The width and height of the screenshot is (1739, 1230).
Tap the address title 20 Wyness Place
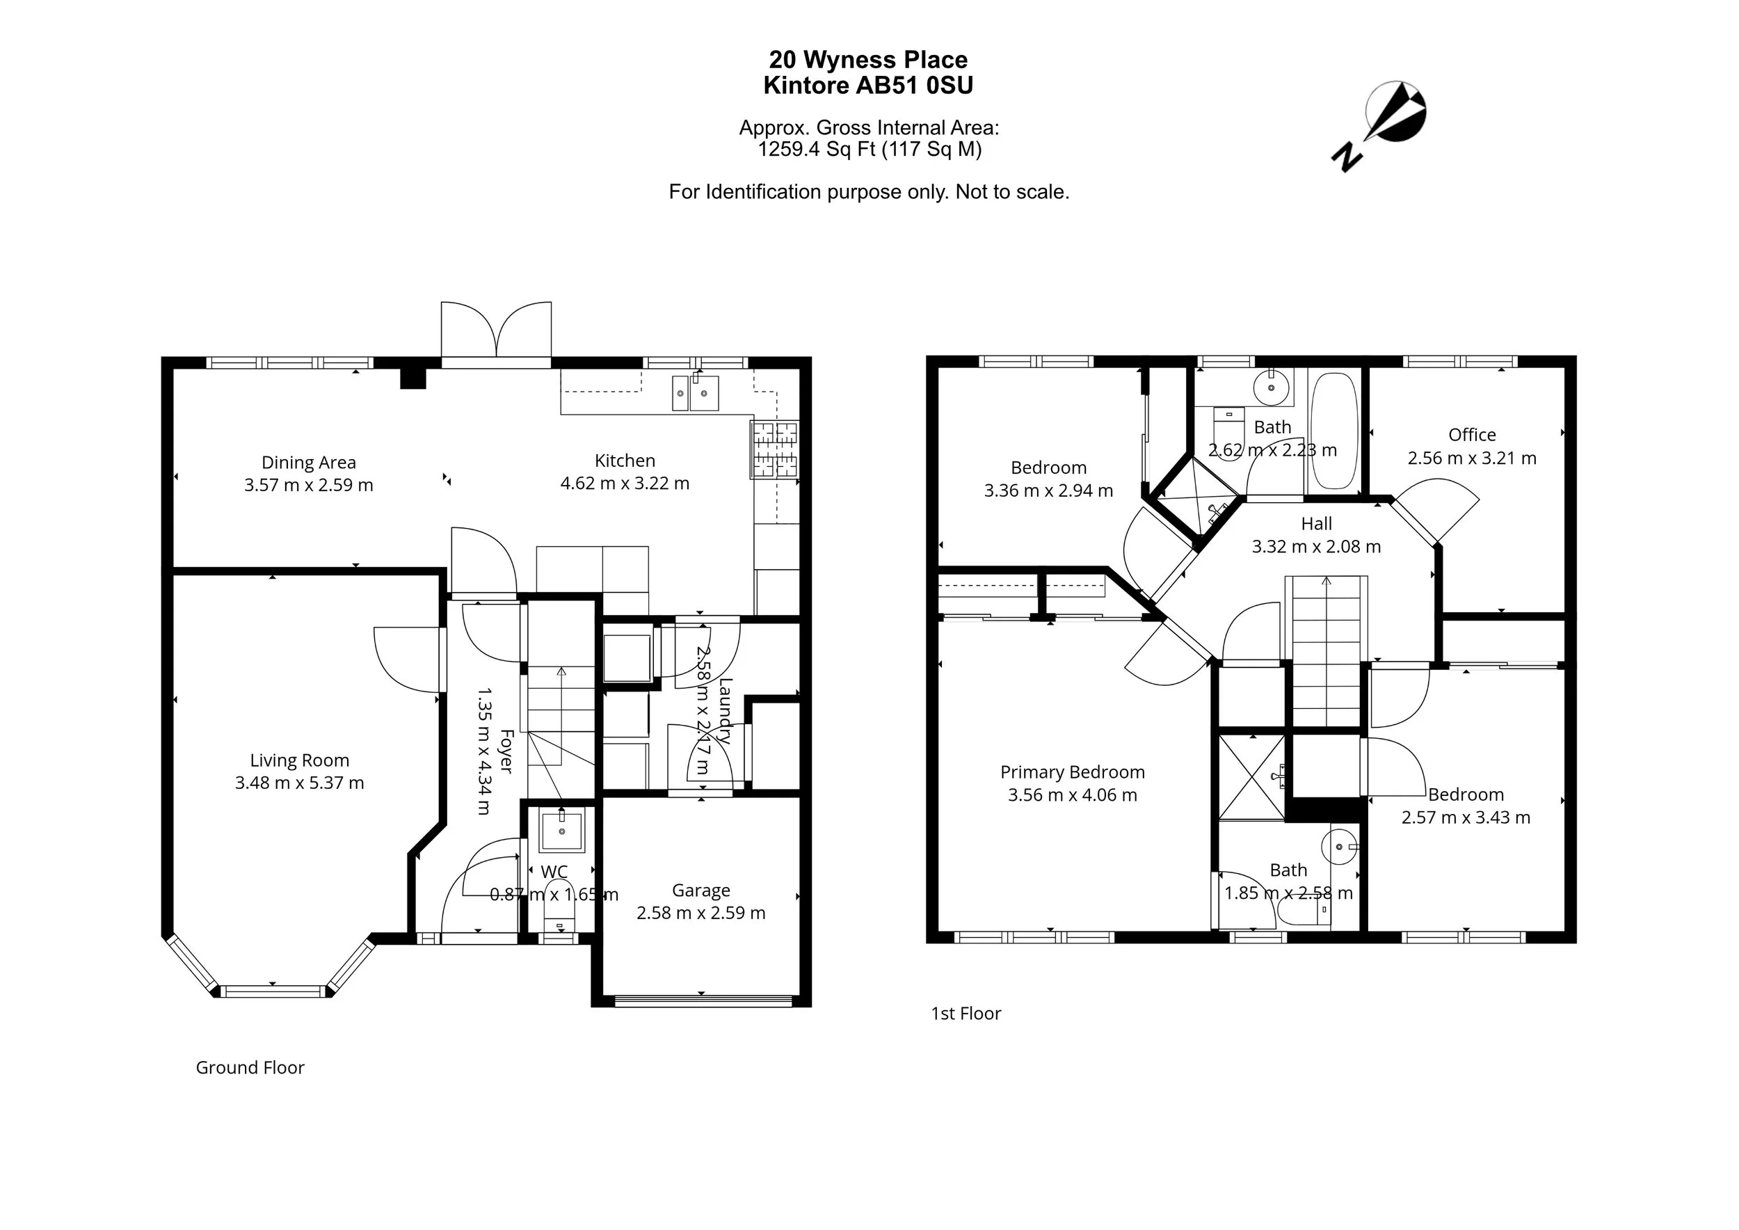point(868,59)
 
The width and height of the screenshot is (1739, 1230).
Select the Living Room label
point(300,760)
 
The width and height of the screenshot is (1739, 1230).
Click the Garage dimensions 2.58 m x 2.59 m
point(700,913)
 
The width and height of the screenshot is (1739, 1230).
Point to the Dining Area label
point(308,462)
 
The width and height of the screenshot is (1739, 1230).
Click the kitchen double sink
point(696,393)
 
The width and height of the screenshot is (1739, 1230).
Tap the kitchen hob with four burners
point(775,449)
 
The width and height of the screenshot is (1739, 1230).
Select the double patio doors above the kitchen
point(496,334)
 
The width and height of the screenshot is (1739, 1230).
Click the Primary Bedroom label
point(1072,772)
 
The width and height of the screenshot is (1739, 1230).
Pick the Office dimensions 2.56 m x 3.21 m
point(1472,458)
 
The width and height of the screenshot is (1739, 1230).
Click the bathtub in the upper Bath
point(1335,430)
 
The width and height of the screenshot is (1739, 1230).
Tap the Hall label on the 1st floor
point(1316,523)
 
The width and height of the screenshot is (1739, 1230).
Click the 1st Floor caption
point(965,1014)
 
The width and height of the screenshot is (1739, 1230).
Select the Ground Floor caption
point(250,1067)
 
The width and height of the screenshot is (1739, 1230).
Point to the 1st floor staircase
point(1327,651)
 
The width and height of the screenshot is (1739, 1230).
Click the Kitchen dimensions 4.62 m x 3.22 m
point(625,484)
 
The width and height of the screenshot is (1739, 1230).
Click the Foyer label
point(506,751)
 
